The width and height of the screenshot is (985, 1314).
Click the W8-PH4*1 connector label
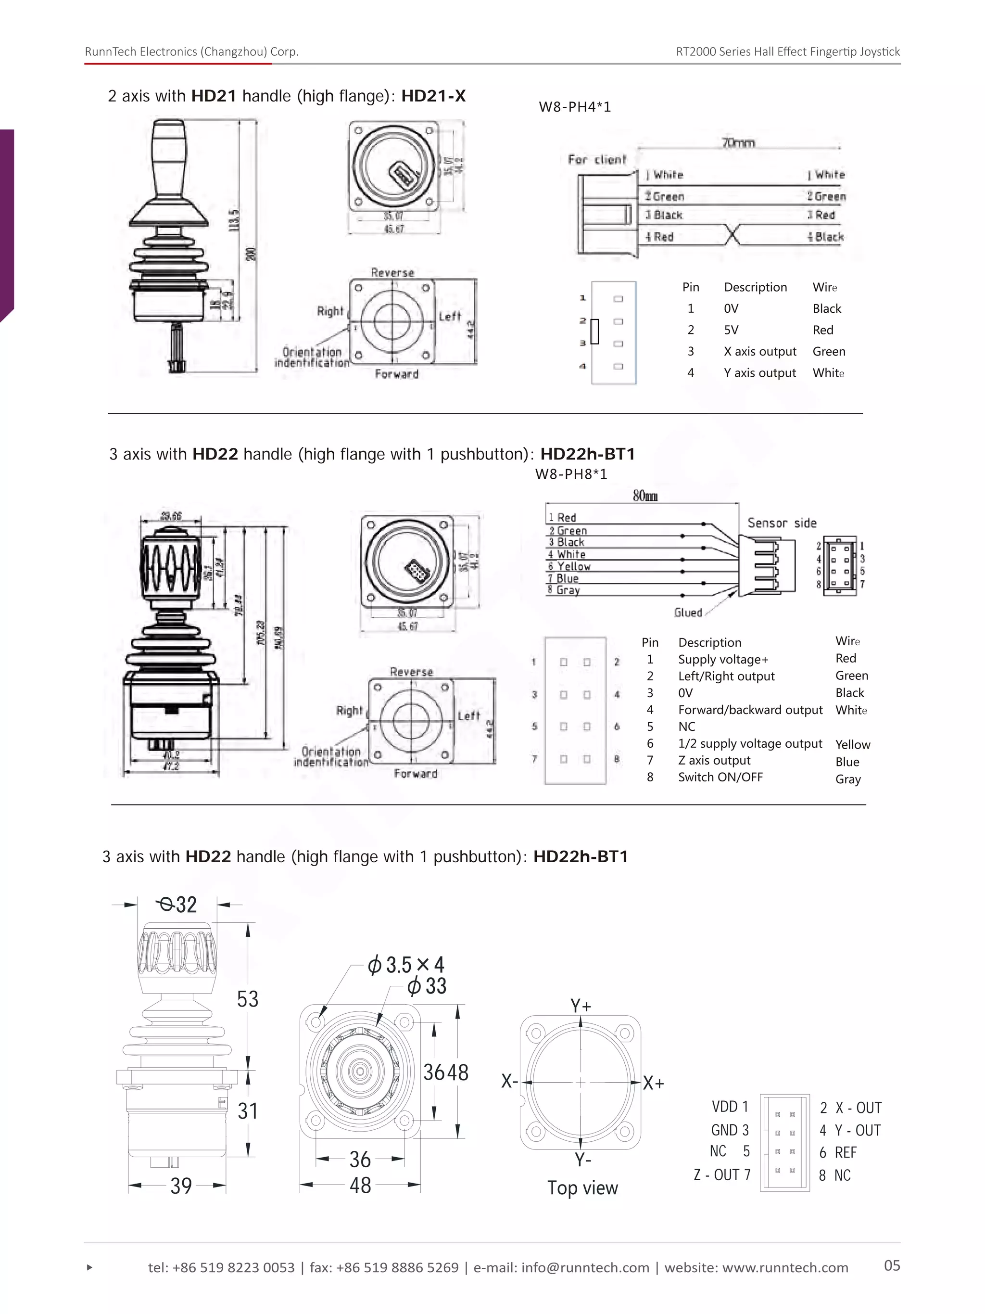(x=574, y=107)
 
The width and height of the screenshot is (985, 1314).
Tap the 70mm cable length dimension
(x=737, y=142)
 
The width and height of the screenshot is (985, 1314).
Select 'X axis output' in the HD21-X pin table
(x=759, y=351)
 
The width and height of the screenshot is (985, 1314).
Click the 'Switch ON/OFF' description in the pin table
(x=720, y=777)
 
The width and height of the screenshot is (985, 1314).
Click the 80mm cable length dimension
(x=645, y=496)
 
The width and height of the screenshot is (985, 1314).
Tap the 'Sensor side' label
(x=782, y=523)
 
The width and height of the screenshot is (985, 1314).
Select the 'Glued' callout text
(x=688, y=612)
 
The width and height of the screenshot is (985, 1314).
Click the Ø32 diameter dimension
(x=177, y=904)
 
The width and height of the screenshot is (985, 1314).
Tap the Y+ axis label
(x=581, y=1006)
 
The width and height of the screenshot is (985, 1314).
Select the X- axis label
(x=509, y=1081)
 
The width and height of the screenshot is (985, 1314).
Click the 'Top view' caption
(x=582, y=1187)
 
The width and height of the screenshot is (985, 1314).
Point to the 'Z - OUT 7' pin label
(x=721, y=1175)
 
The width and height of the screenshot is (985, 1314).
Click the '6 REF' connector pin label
(x=837, y=1152)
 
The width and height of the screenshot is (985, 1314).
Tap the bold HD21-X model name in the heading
(x=433, y=96)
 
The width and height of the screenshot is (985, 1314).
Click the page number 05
(x=891, y=1265)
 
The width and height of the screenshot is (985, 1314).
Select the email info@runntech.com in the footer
(x=585, y=1268)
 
